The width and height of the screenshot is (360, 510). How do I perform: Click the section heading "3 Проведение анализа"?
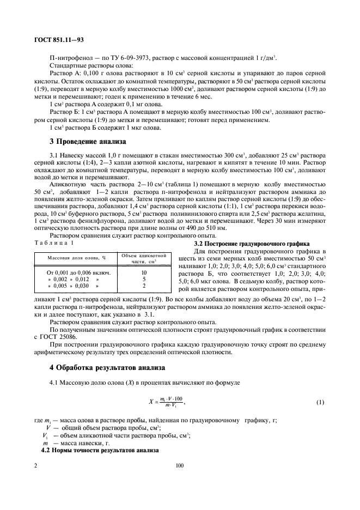coord(88,142)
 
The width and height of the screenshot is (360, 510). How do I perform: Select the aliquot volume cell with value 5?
coord(144,278)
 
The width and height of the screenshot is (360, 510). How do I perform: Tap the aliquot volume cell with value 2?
coord(144,286)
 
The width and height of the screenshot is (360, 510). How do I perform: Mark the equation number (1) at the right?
coord(320,402)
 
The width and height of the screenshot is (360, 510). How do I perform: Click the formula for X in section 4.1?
coord(167,402)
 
